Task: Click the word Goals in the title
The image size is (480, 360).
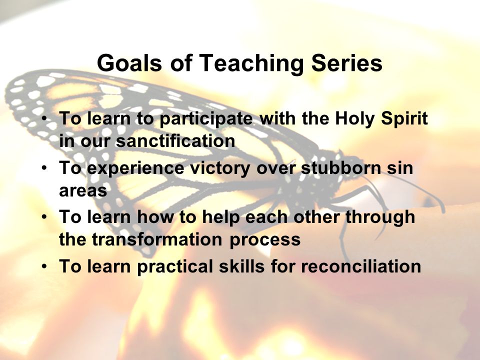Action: coord(129,63)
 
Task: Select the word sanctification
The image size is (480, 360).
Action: coord(175,141)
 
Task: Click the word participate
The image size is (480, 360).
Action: coord(206,119)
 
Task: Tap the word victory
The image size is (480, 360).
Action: coord(220,168)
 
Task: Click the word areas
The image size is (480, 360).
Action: coord(83,190)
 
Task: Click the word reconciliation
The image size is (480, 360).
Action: coord(361,265)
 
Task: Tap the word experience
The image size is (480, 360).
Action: coord(135,168)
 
